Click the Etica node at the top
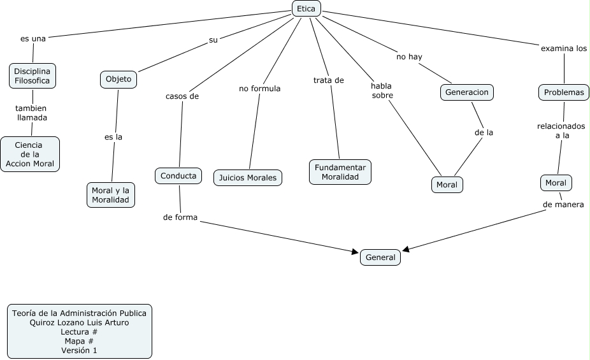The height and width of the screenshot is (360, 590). (x=306, y=8)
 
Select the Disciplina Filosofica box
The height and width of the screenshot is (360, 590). (x=32, y=76)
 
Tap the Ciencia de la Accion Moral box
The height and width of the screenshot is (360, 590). (x=31, y=155)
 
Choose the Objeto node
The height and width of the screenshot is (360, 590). (x=119, y=79)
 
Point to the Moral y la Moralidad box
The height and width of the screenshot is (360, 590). (x=111, y=195)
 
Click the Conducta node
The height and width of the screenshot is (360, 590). (x=178, y=175)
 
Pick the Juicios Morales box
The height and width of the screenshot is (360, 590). (x=248, y=178)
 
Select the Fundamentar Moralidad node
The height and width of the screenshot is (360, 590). (x=340, y=171)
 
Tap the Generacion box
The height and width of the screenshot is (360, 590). (x=467, y=92)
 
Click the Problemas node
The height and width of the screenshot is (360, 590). (x=564, y=92)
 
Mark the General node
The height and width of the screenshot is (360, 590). (x=381, y=257)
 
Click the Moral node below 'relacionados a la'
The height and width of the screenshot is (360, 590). (x=556, y=183)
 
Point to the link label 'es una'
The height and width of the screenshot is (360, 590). (x=33, y=38)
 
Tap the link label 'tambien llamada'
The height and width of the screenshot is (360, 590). (x=32, y=113)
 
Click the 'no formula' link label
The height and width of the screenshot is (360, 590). (x=260, y=89)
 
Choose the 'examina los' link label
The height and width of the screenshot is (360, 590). (x=564, y=48)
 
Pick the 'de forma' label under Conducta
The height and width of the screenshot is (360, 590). (x=180, y=217)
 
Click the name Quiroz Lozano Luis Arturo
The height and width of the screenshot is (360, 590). (x=79, y=322)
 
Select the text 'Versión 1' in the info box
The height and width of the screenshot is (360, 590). (x=79, y=350)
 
